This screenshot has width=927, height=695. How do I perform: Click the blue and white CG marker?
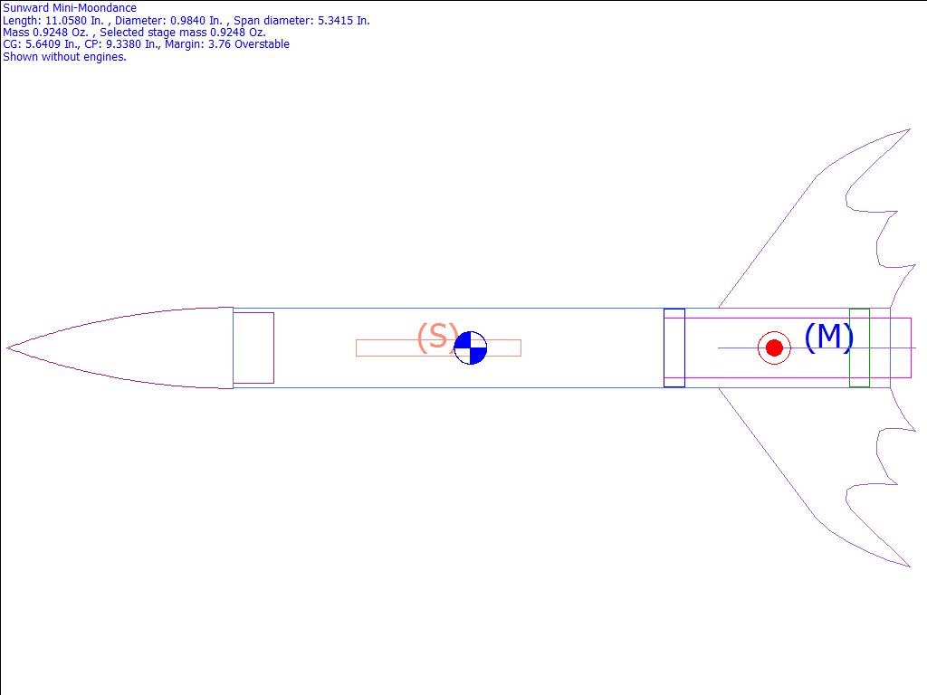coord(471,347)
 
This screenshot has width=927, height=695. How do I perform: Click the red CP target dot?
coord(775,347)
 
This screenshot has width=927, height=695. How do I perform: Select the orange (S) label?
coord(438,337)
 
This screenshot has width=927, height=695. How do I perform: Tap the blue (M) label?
coord(829,337)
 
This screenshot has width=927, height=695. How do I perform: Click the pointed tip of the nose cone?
coord(6,347)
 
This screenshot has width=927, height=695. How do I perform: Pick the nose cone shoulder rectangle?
coord(253,347)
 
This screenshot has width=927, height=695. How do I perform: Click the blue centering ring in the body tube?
coord(674,347)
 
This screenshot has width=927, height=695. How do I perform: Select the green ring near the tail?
coord(860,347)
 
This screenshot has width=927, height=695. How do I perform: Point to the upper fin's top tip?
coord(910,129)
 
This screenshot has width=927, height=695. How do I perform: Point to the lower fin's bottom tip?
coord(910,566)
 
